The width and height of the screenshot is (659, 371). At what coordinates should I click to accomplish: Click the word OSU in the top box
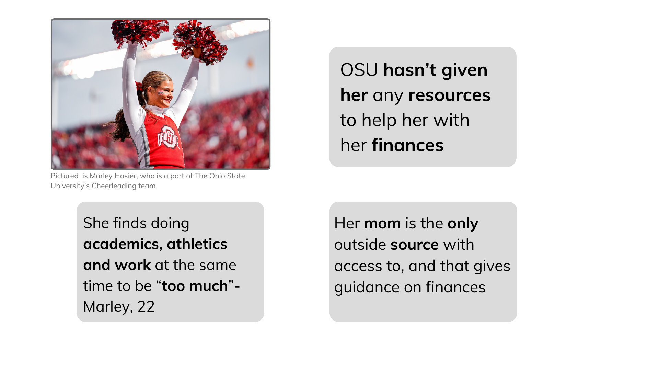coord(359,70)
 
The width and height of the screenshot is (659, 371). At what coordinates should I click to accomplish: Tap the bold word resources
coord(449,95)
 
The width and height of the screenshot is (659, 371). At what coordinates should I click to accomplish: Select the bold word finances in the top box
coord(407,145)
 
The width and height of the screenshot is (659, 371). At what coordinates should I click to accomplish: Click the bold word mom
coord(382,224)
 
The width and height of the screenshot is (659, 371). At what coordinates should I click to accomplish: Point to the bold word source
coord(415,245)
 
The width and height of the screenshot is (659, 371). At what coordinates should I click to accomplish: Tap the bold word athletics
coord(197,244)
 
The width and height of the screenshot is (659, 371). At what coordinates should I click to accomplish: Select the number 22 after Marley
coord(146,306)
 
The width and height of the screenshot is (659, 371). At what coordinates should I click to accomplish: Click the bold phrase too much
coord(195,286)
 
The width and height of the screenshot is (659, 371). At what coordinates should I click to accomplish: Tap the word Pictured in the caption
coord(65,176)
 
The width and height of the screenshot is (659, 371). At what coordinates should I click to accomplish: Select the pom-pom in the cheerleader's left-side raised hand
coord(139,33)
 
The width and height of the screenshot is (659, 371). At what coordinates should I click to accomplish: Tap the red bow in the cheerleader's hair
coord(139,86)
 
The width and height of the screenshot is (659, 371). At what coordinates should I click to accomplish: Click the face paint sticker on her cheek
coord(161,92)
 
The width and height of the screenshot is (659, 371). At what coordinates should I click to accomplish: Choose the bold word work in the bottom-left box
coord(133,265)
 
